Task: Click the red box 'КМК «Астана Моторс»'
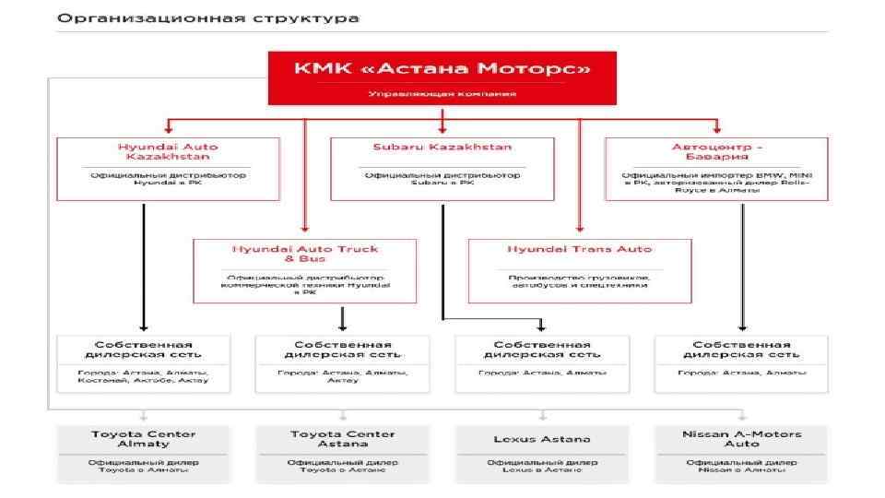[442, 77]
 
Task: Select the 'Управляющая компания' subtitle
[442, 94]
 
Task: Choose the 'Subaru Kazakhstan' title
[442, 147]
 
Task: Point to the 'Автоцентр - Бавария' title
[716, 151]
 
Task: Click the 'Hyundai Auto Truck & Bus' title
[304, 254]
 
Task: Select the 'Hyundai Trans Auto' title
[580, 249]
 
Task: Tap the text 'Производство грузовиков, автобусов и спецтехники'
[580, 281]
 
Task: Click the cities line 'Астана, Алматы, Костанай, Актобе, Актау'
[143, 376]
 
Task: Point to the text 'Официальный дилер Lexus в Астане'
[542, 466]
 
